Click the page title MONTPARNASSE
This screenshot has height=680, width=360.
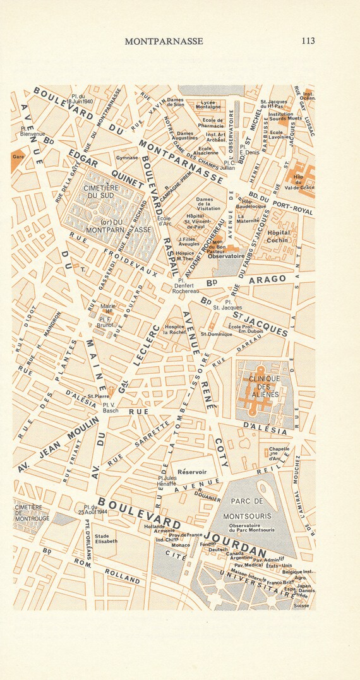point(164,41)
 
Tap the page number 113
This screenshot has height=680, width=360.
point(308,41)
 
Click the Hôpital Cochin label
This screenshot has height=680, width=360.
point(279,236)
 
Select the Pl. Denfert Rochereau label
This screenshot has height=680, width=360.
point(186,286)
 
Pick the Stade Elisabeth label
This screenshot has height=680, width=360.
point(106,539)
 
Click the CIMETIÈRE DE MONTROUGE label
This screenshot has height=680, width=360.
point(32,513)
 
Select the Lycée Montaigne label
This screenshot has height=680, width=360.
point(208,104)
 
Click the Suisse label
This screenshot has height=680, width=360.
point(302,605)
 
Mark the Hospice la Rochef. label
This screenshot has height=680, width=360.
point(174,329)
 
